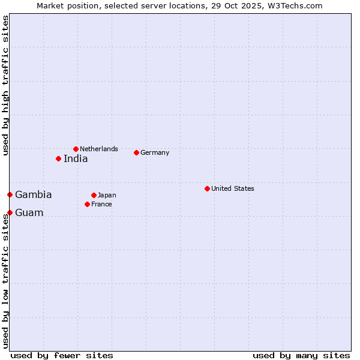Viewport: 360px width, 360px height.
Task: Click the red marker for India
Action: click(x=58, y=158)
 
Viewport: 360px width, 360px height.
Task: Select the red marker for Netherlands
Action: click(x=76, y=149)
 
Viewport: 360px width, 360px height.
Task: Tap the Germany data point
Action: click(x=136, y=152)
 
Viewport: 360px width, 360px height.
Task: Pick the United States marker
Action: click(x=207, y=188)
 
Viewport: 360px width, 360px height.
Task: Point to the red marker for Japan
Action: click(x=94, y=195)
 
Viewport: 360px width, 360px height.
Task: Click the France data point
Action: click(x=87, y=204)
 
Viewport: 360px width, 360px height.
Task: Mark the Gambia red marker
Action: click(x=10, y=194)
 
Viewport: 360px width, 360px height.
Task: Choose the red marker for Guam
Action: click(x=10, y=212)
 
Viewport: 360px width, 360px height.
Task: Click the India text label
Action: click(x=76, y=159)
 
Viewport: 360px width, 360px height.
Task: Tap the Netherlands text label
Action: click(x=99, y=149)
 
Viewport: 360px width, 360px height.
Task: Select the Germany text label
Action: click(x=155, y=152)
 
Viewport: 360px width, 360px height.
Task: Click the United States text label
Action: click(x=233, y=188)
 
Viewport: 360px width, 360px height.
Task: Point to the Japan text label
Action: click(x=107, y=195)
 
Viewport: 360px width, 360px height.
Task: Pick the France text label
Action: click(x=101, y=204)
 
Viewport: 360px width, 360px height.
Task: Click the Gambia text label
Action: click(x=34, y=195)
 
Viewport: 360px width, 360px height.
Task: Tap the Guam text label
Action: click(x=29, y=213)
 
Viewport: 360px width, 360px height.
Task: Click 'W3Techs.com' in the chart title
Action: click(x=295, y=5)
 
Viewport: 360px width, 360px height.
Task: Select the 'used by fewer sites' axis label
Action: click(x=62, y=355)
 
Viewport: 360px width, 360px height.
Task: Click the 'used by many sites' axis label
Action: click(x=301, y=355)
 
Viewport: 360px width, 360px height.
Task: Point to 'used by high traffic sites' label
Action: click(x=5, y=85)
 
